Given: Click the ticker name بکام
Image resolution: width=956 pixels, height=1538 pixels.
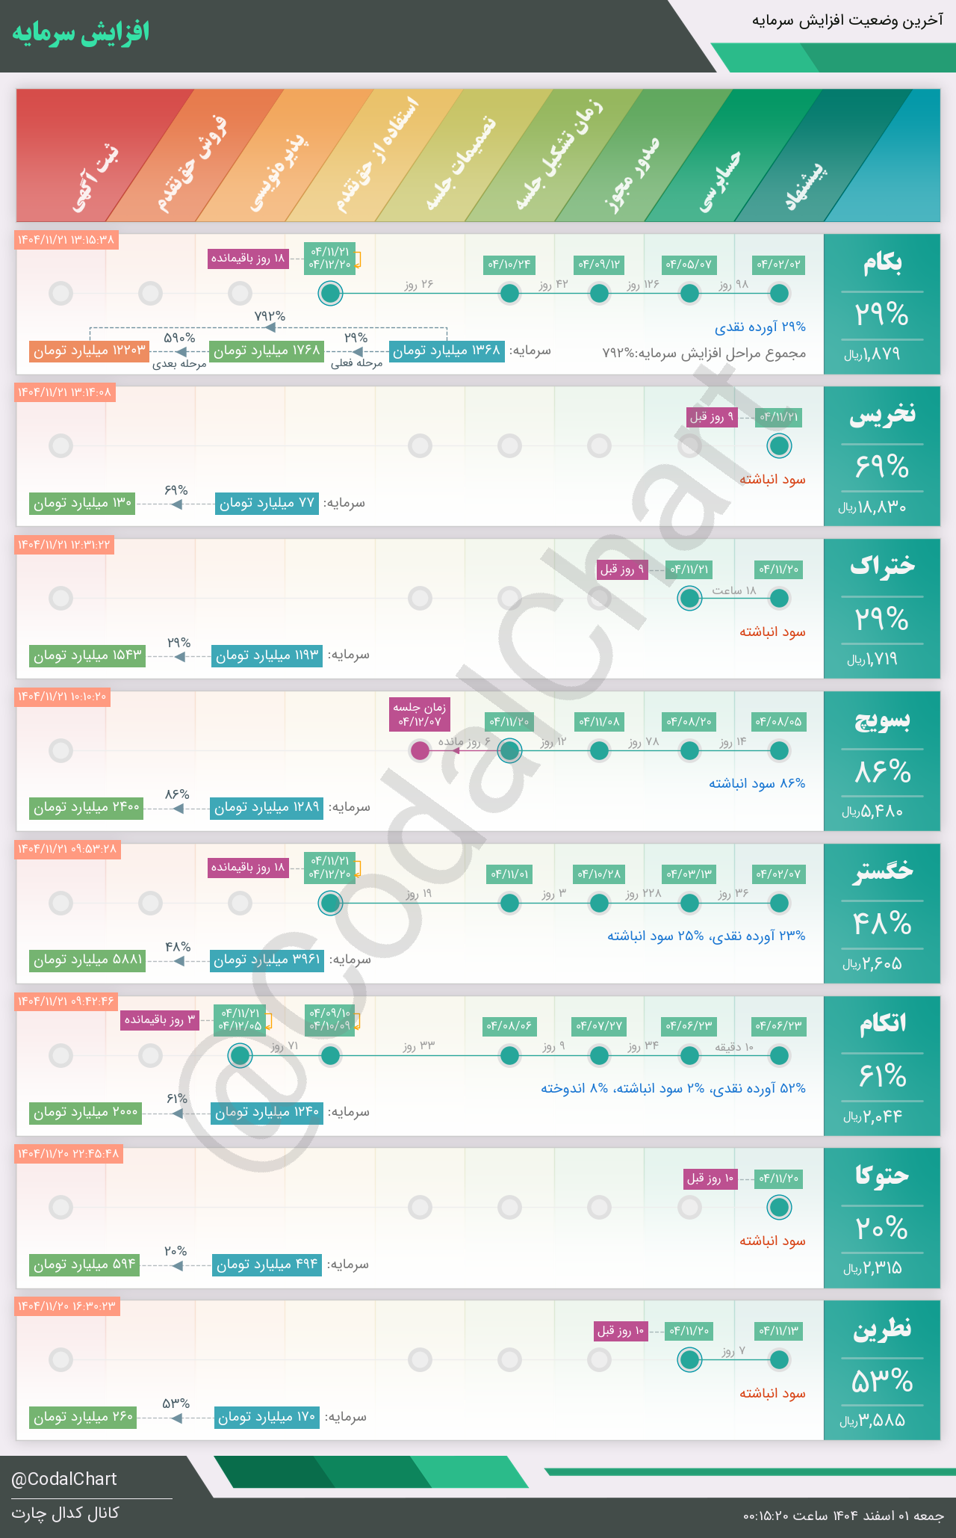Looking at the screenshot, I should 882,263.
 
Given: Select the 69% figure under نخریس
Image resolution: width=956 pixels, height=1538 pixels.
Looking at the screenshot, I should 882,467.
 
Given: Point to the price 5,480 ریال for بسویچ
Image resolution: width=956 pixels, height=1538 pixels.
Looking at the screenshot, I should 873,812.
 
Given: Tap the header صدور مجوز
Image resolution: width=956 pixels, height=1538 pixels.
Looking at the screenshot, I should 631,176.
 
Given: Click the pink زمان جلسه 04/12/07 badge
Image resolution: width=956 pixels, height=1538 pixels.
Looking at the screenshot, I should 420,714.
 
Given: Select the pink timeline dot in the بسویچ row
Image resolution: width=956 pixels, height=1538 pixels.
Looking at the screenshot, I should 420,750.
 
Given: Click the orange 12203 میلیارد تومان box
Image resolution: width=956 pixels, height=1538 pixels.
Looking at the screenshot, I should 89,350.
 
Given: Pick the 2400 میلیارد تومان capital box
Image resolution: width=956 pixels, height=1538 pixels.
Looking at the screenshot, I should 86,808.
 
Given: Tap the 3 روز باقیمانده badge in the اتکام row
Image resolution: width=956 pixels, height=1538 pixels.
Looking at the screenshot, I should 160,1020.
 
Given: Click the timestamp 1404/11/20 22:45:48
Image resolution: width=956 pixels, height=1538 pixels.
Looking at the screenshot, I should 68,1154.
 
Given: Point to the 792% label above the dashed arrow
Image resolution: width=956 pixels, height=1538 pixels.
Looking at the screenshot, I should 270,316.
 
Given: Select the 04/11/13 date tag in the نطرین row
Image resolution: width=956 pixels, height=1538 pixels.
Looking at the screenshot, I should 779,1331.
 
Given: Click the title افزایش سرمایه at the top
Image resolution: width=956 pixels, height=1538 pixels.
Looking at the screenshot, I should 81,32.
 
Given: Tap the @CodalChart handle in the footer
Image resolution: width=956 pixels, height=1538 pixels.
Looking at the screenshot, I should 64,1479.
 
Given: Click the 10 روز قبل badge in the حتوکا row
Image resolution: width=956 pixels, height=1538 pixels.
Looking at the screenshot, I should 710,1179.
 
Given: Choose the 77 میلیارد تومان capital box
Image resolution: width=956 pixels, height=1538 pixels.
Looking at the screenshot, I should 267,503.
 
